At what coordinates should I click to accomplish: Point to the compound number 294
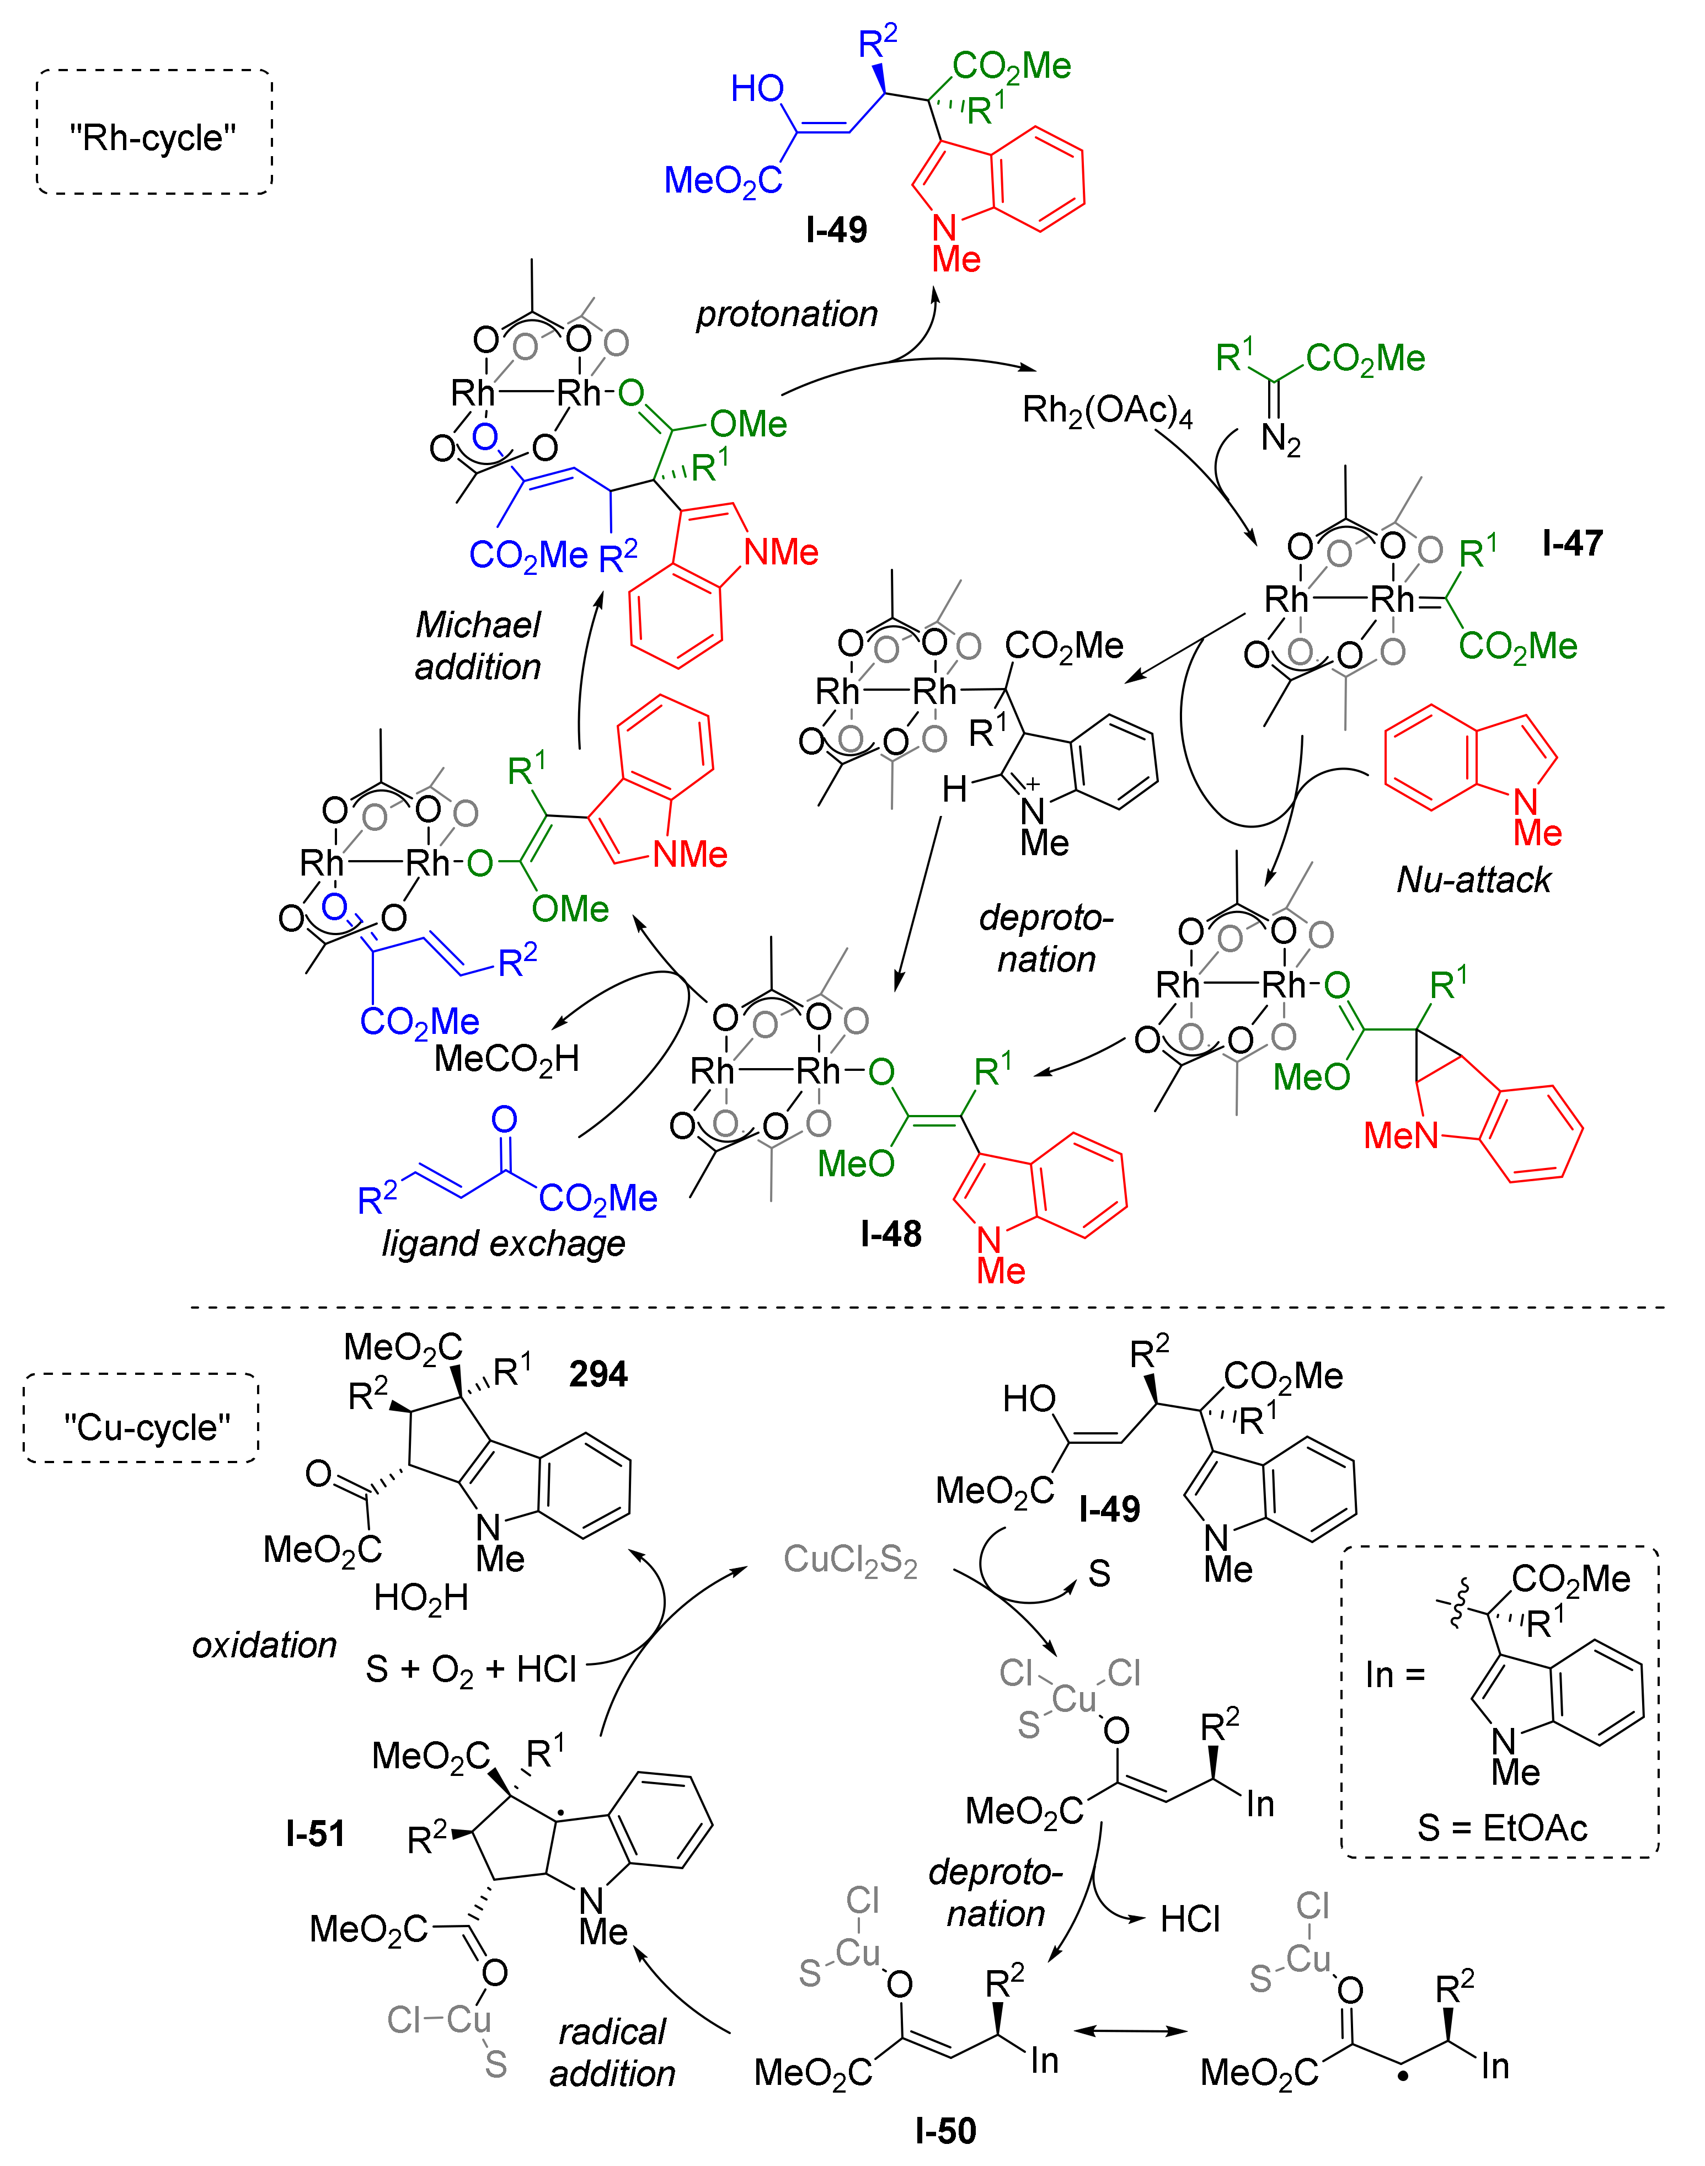tap(598, 1374)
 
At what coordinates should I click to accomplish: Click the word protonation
tap(787, 313)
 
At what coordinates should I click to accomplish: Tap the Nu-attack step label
tap(1473, 879)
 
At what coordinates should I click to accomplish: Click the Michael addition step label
tap(478, 646)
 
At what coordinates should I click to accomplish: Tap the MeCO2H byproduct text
tap(506, 1058)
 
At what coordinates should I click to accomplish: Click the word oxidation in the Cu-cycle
tap(265, 1645)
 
